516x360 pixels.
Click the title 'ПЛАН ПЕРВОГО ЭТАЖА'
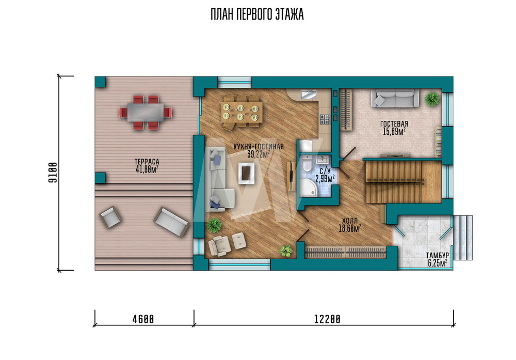click(x=257, y=15)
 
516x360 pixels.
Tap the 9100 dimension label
click(x=53, y=173)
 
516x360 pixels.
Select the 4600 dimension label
click(x=143, y=319)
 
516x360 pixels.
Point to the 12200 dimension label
click(x=327, y=319)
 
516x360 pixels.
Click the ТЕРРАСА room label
click(x=147, y=162)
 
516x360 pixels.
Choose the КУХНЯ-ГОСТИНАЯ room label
click(x=259, y=147)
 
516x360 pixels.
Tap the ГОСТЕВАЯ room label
click(x=394, y=124)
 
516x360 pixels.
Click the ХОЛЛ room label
click(x=350, y=221)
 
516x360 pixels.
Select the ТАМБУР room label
click(x=438, y=256)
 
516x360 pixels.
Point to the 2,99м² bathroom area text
click(x=325, y=179)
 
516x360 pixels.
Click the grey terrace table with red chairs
click(x=146, y=112)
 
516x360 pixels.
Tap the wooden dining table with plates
click(x=242, y=112)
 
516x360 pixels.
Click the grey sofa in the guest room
click(x=395, y=98)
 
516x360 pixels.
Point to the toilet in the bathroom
click(x=307, y=163)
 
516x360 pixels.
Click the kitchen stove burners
click(x=325, y=119)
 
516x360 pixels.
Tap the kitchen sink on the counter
click(x=309, y=95)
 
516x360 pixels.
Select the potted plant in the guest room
click(x=432, y=99)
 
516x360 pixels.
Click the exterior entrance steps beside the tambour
click(x=463, y=238)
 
